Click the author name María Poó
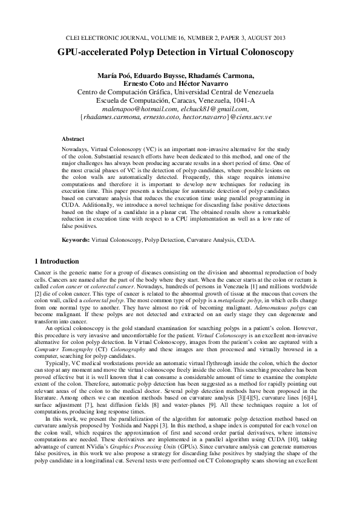(x=114, y=76)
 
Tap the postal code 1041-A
(x=243, y=100)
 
